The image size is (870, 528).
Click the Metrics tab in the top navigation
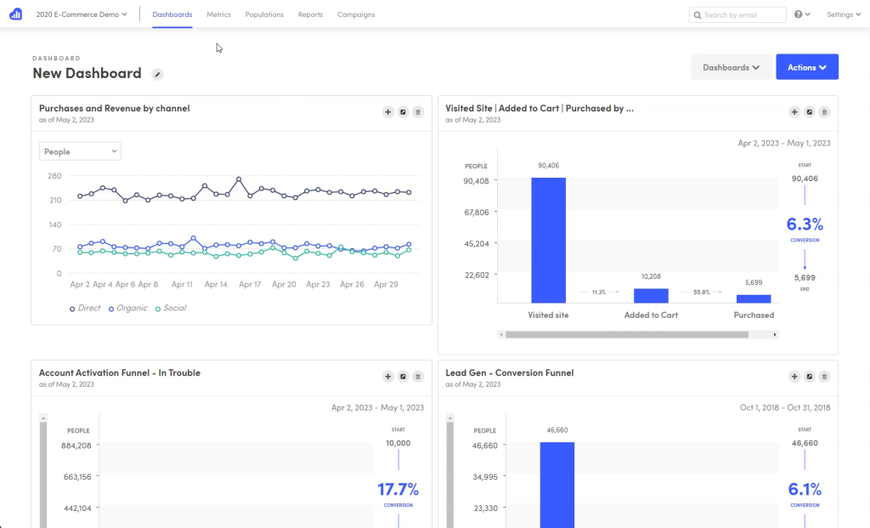pyautogui.click(x=218, y=14)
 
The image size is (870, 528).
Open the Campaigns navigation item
pyautogui.click(x=356, y=14)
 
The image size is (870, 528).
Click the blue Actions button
pyautogui.click(x=806, y=67)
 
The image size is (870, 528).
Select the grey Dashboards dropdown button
pyautogui.click(x=731, y=67)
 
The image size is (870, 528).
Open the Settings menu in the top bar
pyautogui.click(x=844, y=14)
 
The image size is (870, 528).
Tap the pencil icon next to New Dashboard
pyautogui.click(x=157, y=74)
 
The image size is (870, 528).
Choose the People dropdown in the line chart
pyautogui.click(x=80, y=151)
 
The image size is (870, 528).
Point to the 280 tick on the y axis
pyautogui.click(x=54, y=176)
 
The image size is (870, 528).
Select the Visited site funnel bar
pyautogui.click(x=548, y=240)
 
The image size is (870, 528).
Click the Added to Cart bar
pyautogui.click(x=651, y=295)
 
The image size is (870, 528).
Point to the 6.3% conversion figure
pyautogui.click(x=805, y=224)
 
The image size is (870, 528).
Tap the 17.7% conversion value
pyautogui.click(x=398, y=489)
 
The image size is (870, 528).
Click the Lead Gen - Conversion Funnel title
pyautogui.click(x=509, y=372)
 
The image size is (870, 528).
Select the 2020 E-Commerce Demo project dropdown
pyautogui.click(x=82, y=14)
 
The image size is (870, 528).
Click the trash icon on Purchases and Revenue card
pyautogui.click(x=417, y=111)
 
